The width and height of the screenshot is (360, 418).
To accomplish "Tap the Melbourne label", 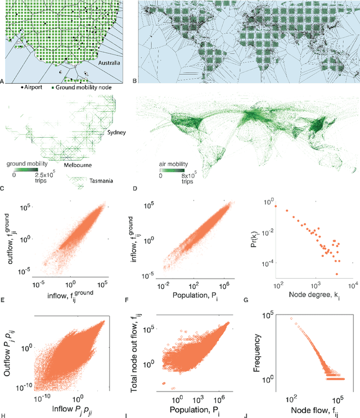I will (77, 165).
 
